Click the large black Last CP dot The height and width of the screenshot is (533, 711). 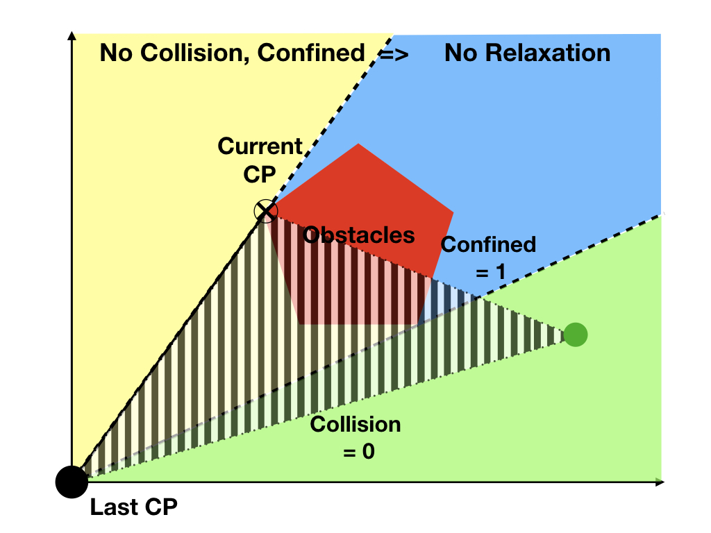click(72, 480)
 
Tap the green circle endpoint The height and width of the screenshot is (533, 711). click(576, 335)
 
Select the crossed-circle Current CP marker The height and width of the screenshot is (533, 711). click(265, 210)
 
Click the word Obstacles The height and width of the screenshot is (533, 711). click(359, 235)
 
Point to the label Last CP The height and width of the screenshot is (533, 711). click(133, 508)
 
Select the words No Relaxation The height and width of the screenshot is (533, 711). click(527, 53)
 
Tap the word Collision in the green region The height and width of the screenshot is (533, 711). click(355, 424)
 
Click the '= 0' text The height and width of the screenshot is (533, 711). click(359, 451)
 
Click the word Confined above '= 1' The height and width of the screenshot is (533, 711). click(489, 244)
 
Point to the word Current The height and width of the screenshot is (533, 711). click(260, 146)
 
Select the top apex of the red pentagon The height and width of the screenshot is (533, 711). click(358, 144)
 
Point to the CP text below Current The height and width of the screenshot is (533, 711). click(260, 174)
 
